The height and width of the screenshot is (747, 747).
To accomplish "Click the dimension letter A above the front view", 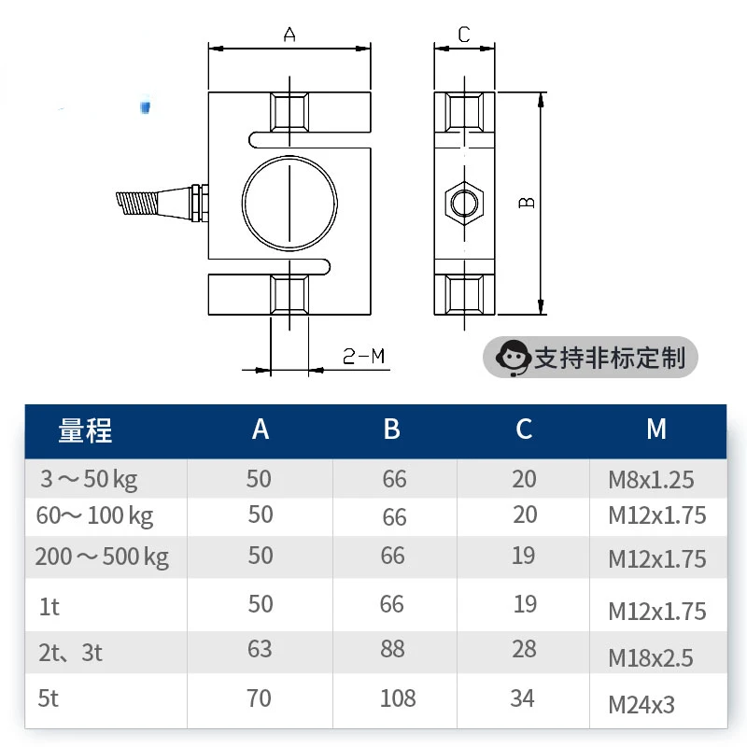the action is tap(289, 35).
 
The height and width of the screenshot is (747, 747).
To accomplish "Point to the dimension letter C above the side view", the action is tap(464, 35).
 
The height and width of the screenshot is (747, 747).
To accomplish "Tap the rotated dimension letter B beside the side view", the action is tap(527, 203).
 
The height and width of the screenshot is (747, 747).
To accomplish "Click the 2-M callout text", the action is tap(363, 356).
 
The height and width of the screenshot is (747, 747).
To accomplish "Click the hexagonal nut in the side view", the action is tap(464, 203).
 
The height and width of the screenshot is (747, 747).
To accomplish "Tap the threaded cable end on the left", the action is tap(136, 203).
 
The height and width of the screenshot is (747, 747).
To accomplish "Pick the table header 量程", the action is tap(85, 430).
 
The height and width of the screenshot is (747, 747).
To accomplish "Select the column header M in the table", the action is tap(656, 429).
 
